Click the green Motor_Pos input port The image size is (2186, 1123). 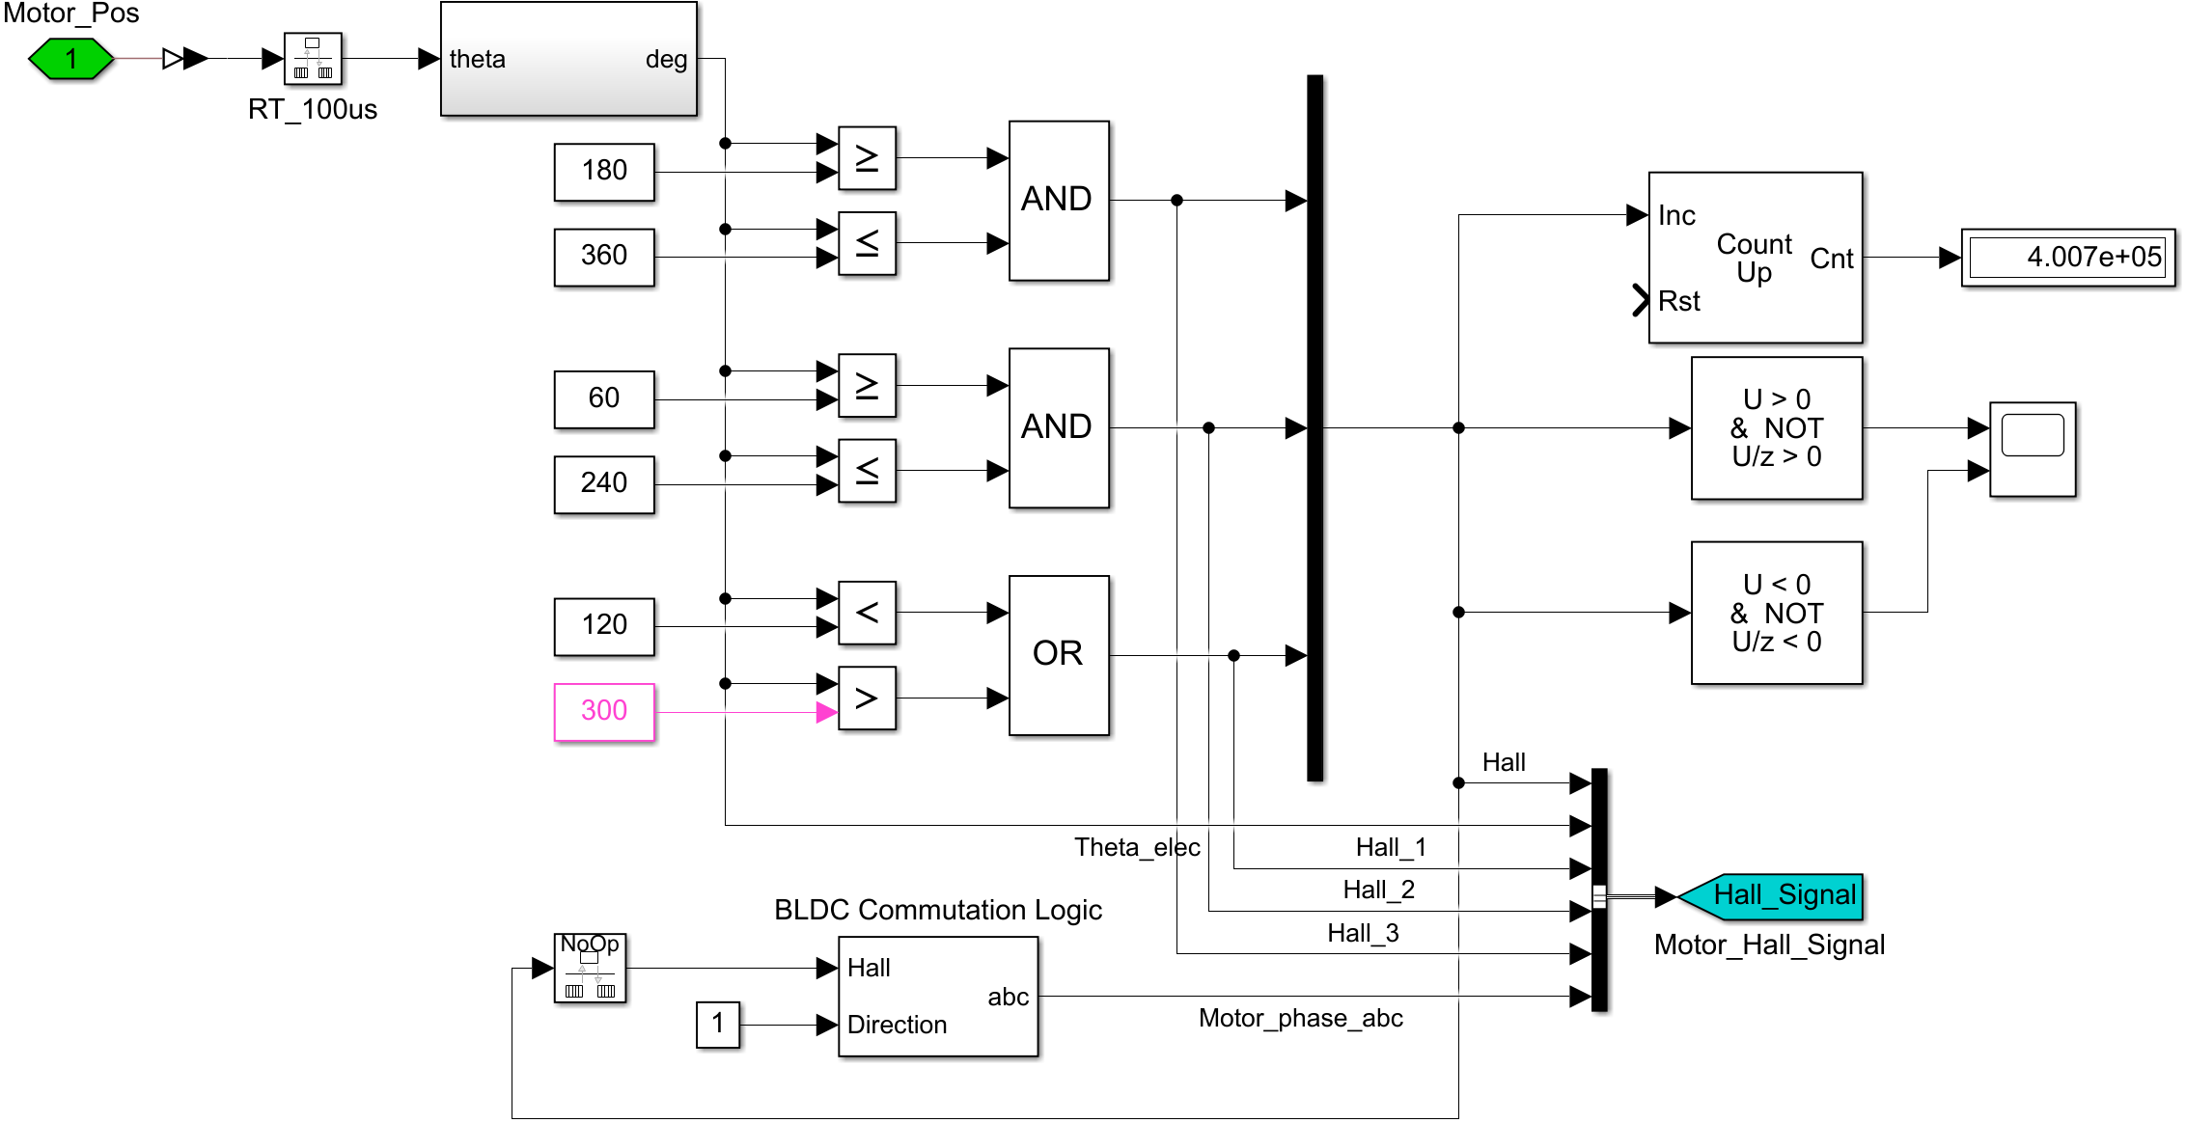[x=71, y=59]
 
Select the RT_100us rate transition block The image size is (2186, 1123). [x=313, y=59]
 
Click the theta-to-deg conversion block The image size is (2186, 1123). [x=568, y=59]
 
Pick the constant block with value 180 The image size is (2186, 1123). [x=604, y=172]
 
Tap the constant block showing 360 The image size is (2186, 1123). [x=604, y=257]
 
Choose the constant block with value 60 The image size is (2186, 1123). [x=604, y=398]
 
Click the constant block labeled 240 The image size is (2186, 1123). [x=604, y=483]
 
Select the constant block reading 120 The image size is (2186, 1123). [x=604, y=626]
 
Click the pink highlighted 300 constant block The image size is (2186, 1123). [x=604, y=712]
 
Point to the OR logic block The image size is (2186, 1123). [x=1059, y=655]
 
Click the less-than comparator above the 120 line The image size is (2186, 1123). [x=867, y=613]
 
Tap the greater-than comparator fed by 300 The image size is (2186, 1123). [x=867, y=698]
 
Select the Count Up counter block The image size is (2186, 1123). [x=1755, y=258]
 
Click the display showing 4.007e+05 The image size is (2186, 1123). [x=2067, y=258]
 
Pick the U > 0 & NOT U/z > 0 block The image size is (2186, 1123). [x=1776, y=428]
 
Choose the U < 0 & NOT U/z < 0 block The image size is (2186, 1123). [x=1776, y=613]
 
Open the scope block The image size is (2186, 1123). [x=2033, y=449]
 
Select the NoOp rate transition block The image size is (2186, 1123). [x=590, y=968]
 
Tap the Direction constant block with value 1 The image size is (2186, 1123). [x=717, y=1025]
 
